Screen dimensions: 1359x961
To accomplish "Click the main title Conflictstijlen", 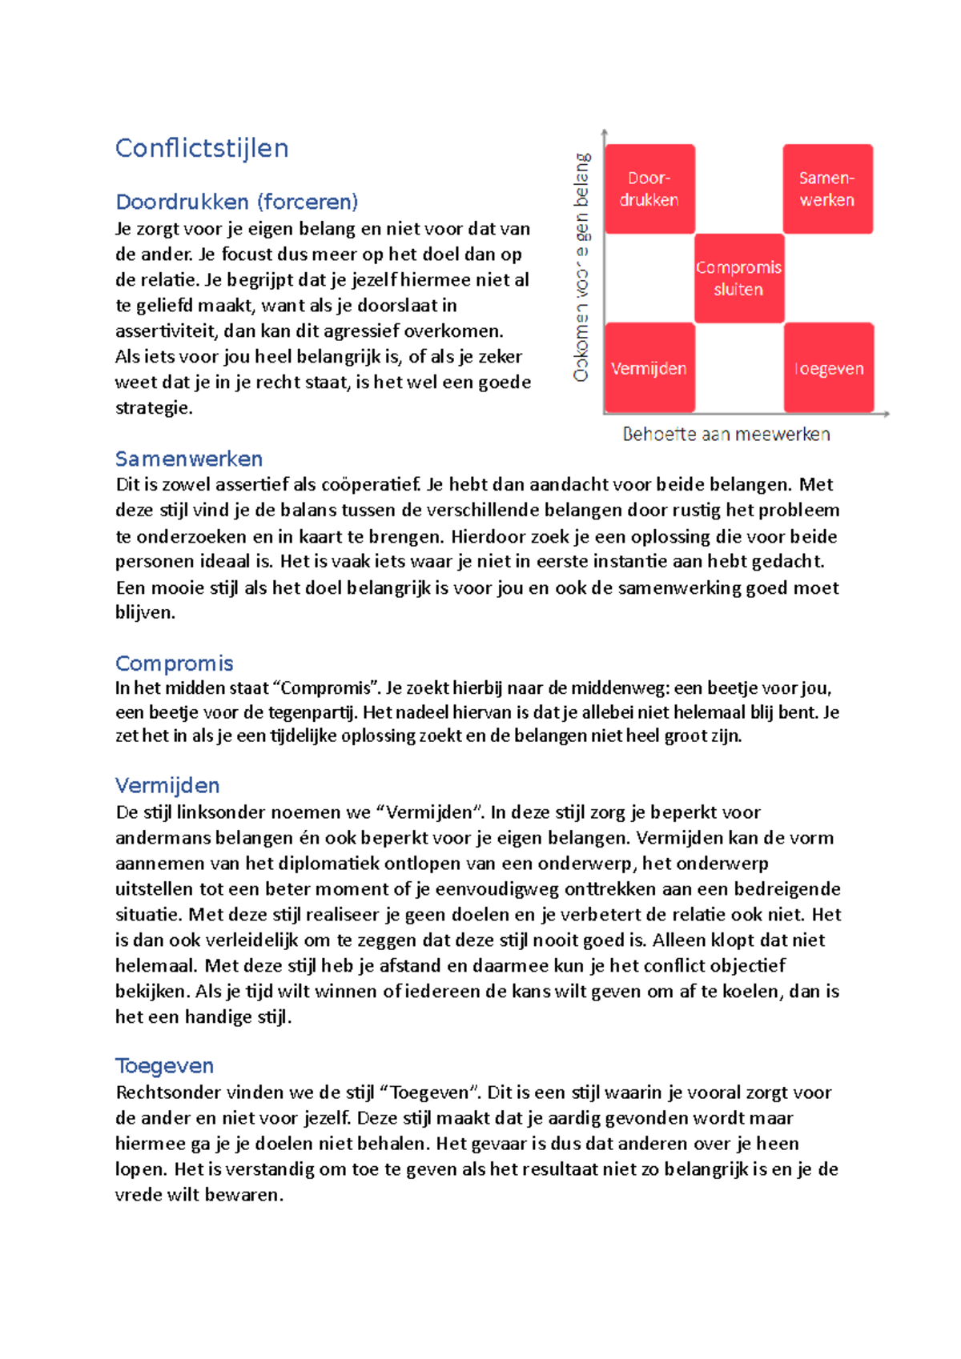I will click(202, 148).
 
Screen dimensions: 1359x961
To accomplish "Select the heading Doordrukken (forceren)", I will click(237, 202).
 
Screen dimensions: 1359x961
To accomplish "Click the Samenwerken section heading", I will click(189, 459).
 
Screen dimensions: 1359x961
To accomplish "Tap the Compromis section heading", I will click(175, 663).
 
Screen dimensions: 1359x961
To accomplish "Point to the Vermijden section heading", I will click(167, 785).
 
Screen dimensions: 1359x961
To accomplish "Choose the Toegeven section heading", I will click(165, 1066).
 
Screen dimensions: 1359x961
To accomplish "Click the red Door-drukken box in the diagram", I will click(649, 189).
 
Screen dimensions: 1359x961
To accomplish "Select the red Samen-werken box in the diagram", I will click(827, 189).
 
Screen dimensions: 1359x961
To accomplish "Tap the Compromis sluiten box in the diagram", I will click(738, 279).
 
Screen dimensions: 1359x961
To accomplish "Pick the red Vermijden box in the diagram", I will click(649, 368).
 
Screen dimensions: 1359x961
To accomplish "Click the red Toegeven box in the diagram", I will click(828, 368).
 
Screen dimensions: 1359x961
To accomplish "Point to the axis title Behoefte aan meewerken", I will click(726, 435).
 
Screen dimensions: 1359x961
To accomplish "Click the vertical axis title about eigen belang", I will click(582, 267).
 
